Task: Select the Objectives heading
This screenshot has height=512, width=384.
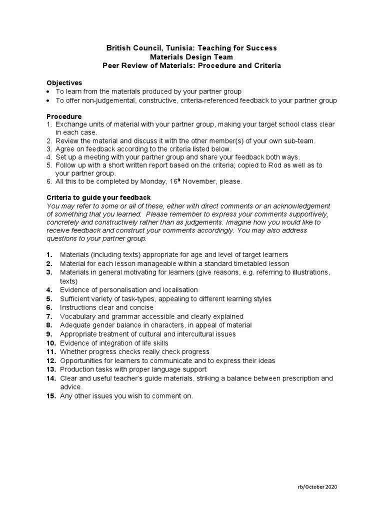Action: click(x=64, y=82)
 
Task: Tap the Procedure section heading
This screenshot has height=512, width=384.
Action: click(x=64, y=116)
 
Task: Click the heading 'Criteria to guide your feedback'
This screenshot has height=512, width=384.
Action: click(x=98, y=197)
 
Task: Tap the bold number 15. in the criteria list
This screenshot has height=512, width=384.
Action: click(x=51, y=396)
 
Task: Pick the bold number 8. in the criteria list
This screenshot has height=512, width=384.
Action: click(x=49, y=325)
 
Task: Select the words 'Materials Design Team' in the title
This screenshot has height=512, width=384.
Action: click(x=191, y=57)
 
